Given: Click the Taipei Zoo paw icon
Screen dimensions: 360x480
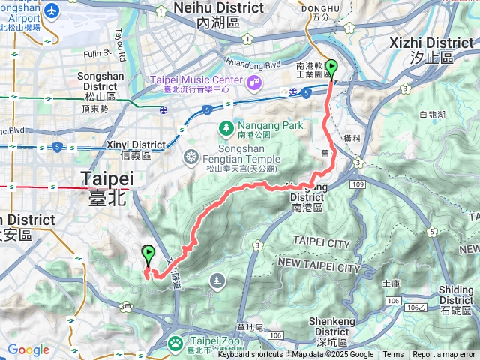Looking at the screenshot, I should (x=174, y=343).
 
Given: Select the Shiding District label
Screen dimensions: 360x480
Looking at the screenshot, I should (x=456, y=295).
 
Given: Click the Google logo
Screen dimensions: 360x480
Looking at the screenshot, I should (x=28, y=349).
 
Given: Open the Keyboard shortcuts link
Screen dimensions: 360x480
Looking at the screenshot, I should (x=250, y=355).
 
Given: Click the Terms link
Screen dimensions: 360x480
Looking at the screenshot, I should (x=393, y=355).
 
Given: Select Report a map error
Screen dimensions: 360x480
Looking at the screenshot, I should (x=444, y=355).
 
